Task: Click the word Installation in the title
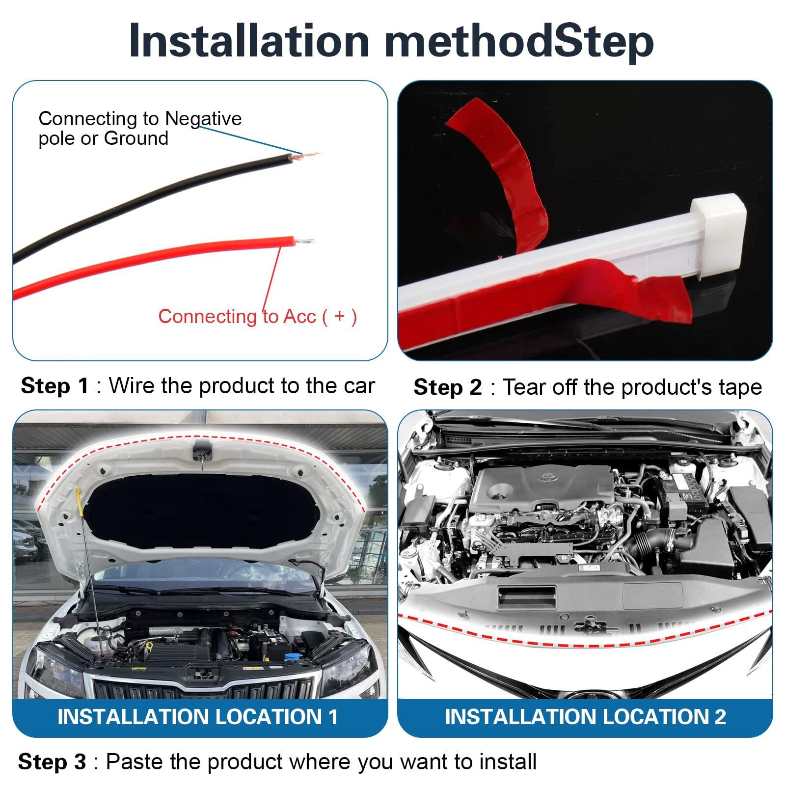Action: pos(249,41)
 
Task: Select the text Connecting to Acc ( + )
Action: pos(257,317)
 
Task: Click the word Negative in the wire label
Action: pos(203,119)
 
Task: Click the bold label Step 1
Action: pos(54,386)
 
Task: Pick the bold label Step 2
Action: pos(448,387)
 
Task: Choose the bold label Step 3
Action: pos(52,762)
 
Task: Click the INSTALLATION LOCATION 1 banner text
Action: pos(198,717)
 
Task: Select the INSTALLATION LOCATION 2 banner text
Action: pos(585,717)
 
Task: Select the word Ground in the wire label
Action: pos(136,138)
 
